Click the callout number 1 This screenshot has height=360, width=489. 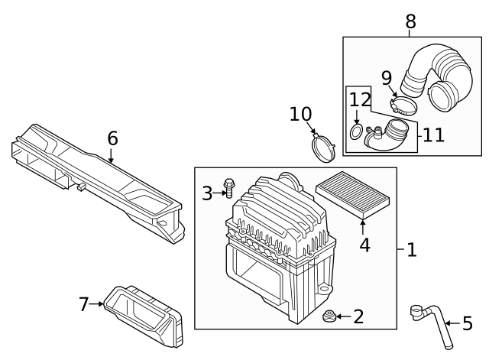(x=411, y=250)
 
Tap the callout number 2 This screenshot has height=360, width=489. (x=358, y=316)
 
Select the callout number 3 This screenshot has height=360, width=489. (x=207, y=193)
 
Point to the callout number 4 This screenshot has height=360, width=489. (x=364, y=245)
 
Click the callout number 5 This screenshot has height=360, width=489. (x=468, y=324)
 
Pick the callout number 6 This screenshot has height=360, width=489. (x=112, y=138)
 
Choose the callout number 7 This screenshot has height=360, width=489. (x=84, y=304)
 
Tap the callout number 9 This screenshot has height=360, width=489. (x=387, y=77)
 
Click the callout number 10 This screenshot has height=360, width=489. (x=300, y=114)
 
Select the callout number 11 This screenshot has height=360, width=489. (x=433, y=135)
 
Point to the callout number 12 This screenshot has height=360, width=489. (x=359, y=99)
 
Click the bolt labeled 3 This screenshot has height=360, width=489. (x=228, y=188)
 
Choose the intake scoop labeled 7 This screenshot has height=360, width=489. (x=145, y=313)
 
